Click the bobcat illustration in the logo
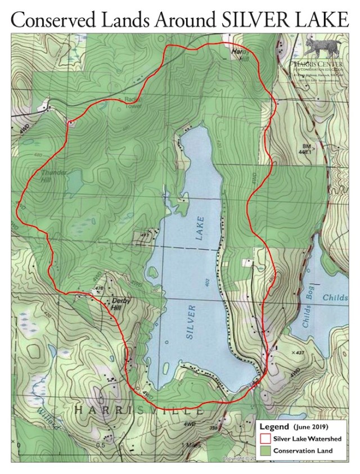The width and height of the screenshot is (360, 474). pos(319,48)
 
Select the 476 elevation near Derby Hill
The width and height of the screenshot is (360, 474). pos(100,288)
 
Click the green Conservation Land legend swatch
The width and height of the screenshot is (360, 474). pos(265,450)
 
